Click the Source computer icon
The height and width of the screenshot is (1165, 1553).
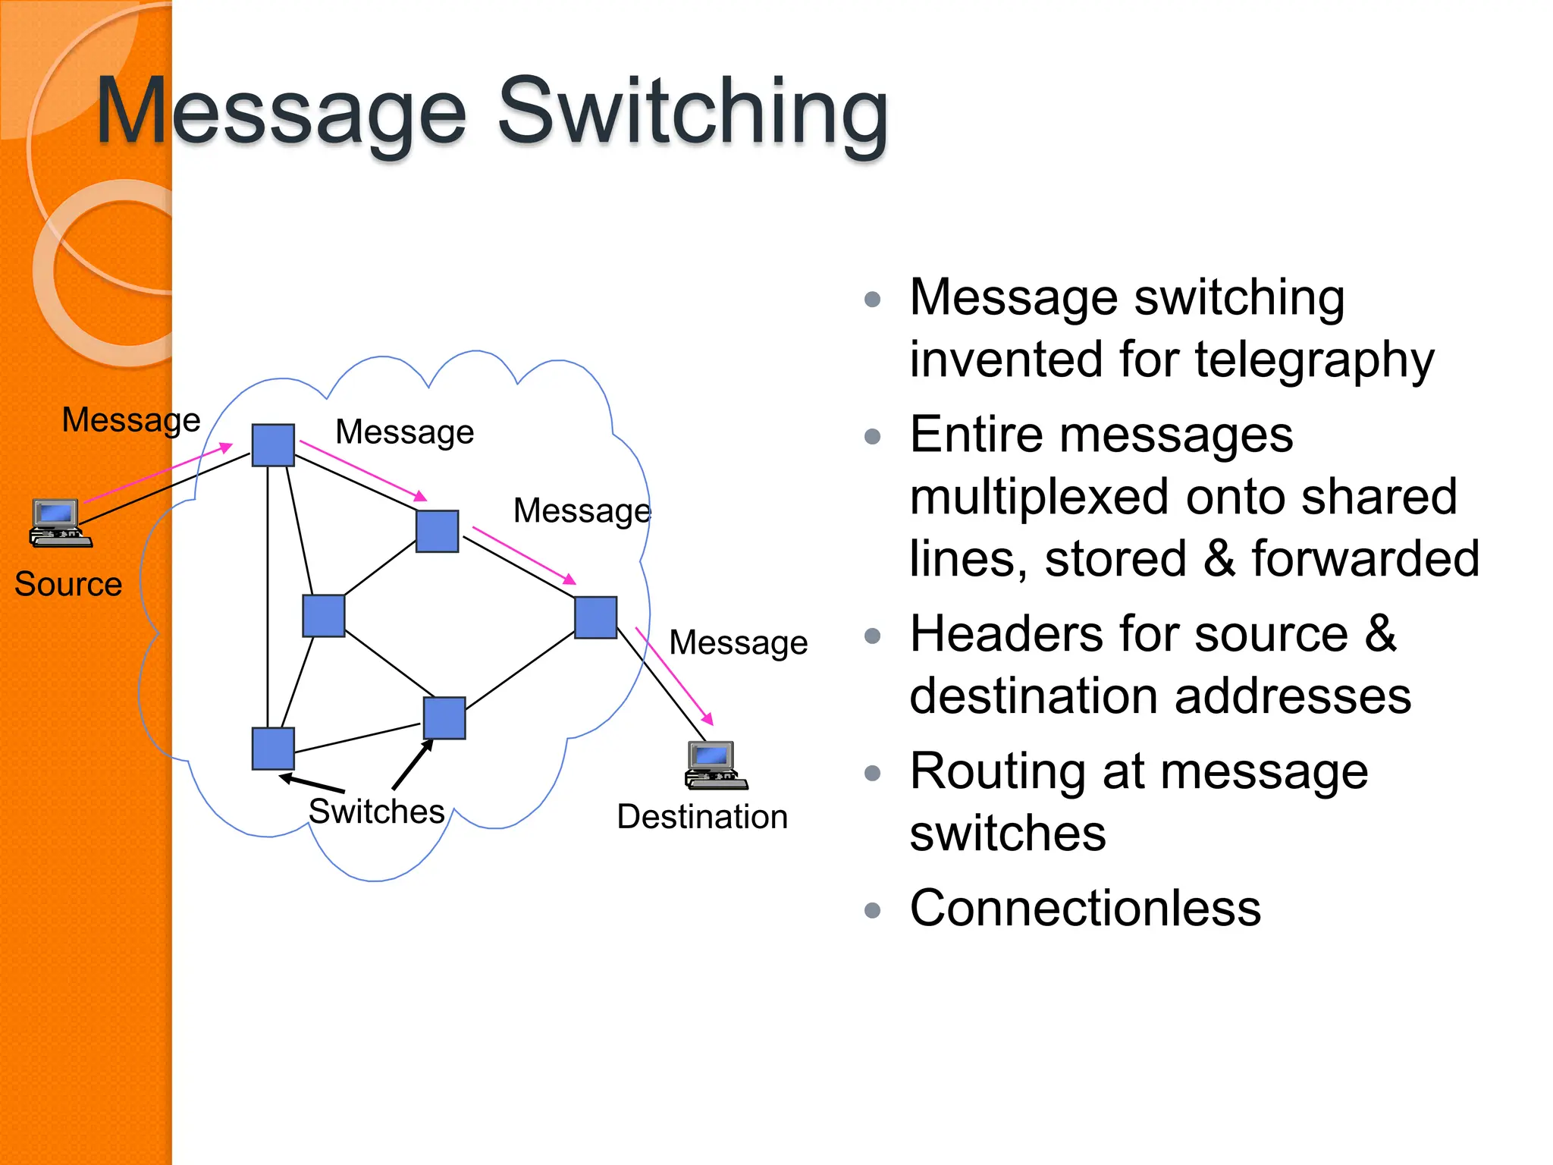click(x=59, y=523)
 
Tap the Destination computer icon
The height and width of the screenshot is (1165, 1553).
click(x=714, y=766)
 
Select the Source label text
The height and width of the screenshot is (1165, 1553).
click(x=68, y=585)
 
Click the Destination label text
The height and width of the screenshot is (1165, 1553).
click(x=702, y=818)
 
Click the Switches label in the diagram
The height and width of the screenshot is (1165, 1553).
click(x=376, y=812)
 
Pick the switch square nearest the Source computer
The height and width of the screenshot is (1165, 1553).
click(x=273, y=445)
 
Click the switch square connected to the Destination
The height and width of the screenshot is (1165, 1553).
click(x=595, y=617)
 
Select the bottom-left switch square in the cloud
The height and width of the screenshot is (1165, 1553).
click(x=273, y=749)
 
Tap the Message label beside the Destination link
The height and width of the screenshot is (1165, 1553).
click(x=738, y=643)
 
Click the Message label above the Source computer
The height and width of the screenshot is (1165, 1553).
click(x=130, y=420)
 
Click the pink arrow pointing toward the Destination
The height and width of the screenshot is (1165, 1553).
click(x=674, y=676)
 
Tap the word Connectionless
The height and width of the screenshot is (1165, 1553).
click(x=1085, y=908)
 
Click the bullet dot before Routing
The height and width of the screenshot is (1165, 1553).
click(x=872, y=773)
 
